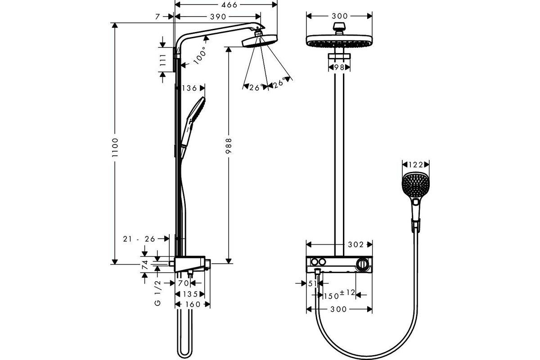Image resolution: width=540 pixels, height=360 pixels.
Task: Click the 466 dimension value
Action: coord(229,4)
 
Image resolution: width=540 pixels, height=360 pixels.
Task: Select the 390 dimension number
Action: coord(218,17)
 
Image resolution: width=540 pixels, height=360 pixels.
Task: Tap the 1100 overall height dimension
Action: coord(115,147)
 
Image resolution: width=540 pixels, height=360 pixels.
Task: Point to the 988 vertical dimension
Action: coord(228,146)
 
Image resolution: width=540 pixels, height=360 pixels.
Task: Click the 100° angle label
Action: coord(200,55)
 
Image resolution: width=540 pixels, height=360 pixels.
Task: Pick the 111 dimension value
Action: coord(163,60)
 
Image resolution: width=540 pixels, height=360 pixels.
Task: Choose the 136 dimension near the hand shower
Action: coord(189,88)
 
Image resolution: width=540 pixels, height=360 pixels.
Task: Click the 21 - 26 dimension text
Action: coord(139,238)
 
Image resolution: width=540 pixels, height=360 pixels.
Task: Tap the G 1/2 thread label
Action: coord(157,293)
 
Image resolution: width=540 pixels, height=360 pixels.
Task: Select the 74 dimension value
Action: coord(145,265)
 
